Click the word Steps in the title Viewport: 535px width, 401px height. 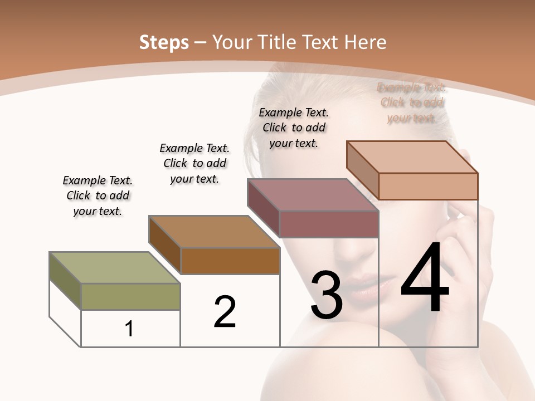(x=164, y=42)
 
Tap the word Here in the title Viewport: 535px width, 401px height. (x=365, y=42)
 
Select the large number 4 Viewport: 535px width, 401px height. (x=425, y=278)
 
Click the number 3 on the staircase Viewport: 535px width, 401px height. (x=326, y=295)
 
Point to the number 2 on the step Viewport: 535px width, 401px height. (x=225, y=311)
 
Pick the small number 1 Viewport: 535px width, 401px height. (x=129, y=329)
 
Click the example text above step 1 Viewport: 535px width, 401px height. (x=98, y=195)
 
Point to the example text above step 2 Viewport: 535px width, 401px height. (x=194, y=163)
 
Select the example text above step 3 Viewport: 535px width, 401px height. (x=294, y=128)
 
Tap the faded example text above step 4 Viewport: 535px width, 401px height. (x=411, y=102)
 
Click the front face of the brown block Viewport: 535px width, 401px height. (x=230, y=261)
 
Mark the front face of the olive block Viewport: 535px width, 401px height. (x=130, y=296)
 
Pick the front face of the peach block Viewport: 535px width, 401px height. (x=428, y=186)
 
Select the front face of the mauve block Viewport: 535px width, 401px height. (x=329, y=224)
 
